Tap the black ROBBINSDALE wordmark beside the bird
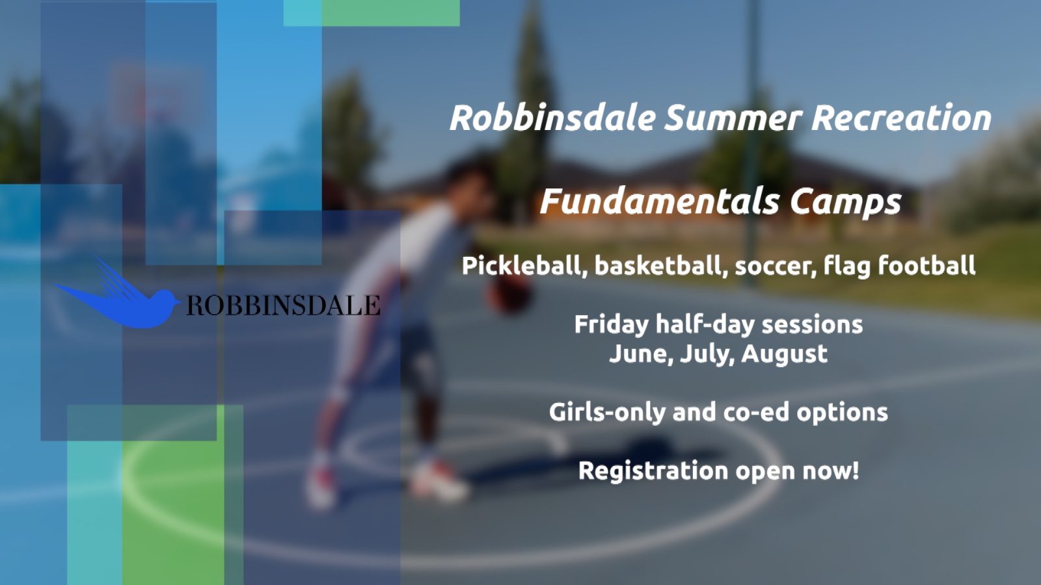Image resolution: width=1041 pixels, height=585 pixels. [283, 305]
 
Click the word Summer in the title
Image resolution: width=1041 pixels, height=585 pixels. [733, 118]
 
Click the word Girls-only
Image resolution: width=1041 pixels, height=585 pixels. [607, 413]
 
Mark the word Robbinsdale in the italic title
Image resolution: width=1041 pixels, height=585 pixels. [552, 118]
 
